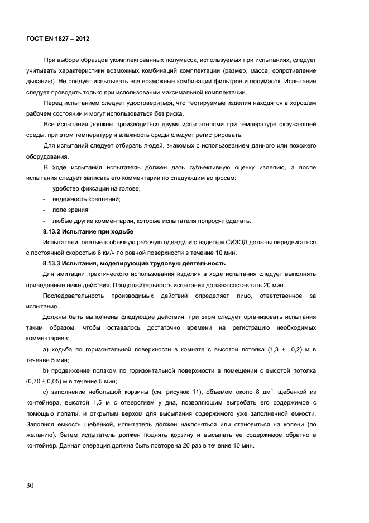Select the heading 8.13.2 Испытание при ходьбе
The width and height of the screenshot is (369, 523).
click(88, 231)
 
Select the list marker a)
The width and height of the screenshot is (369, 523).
click(46, 349)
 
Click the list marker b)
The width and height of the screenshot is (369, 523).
click(46, 370)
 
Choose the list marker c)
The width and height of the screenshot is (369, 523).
click(46, 392)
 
